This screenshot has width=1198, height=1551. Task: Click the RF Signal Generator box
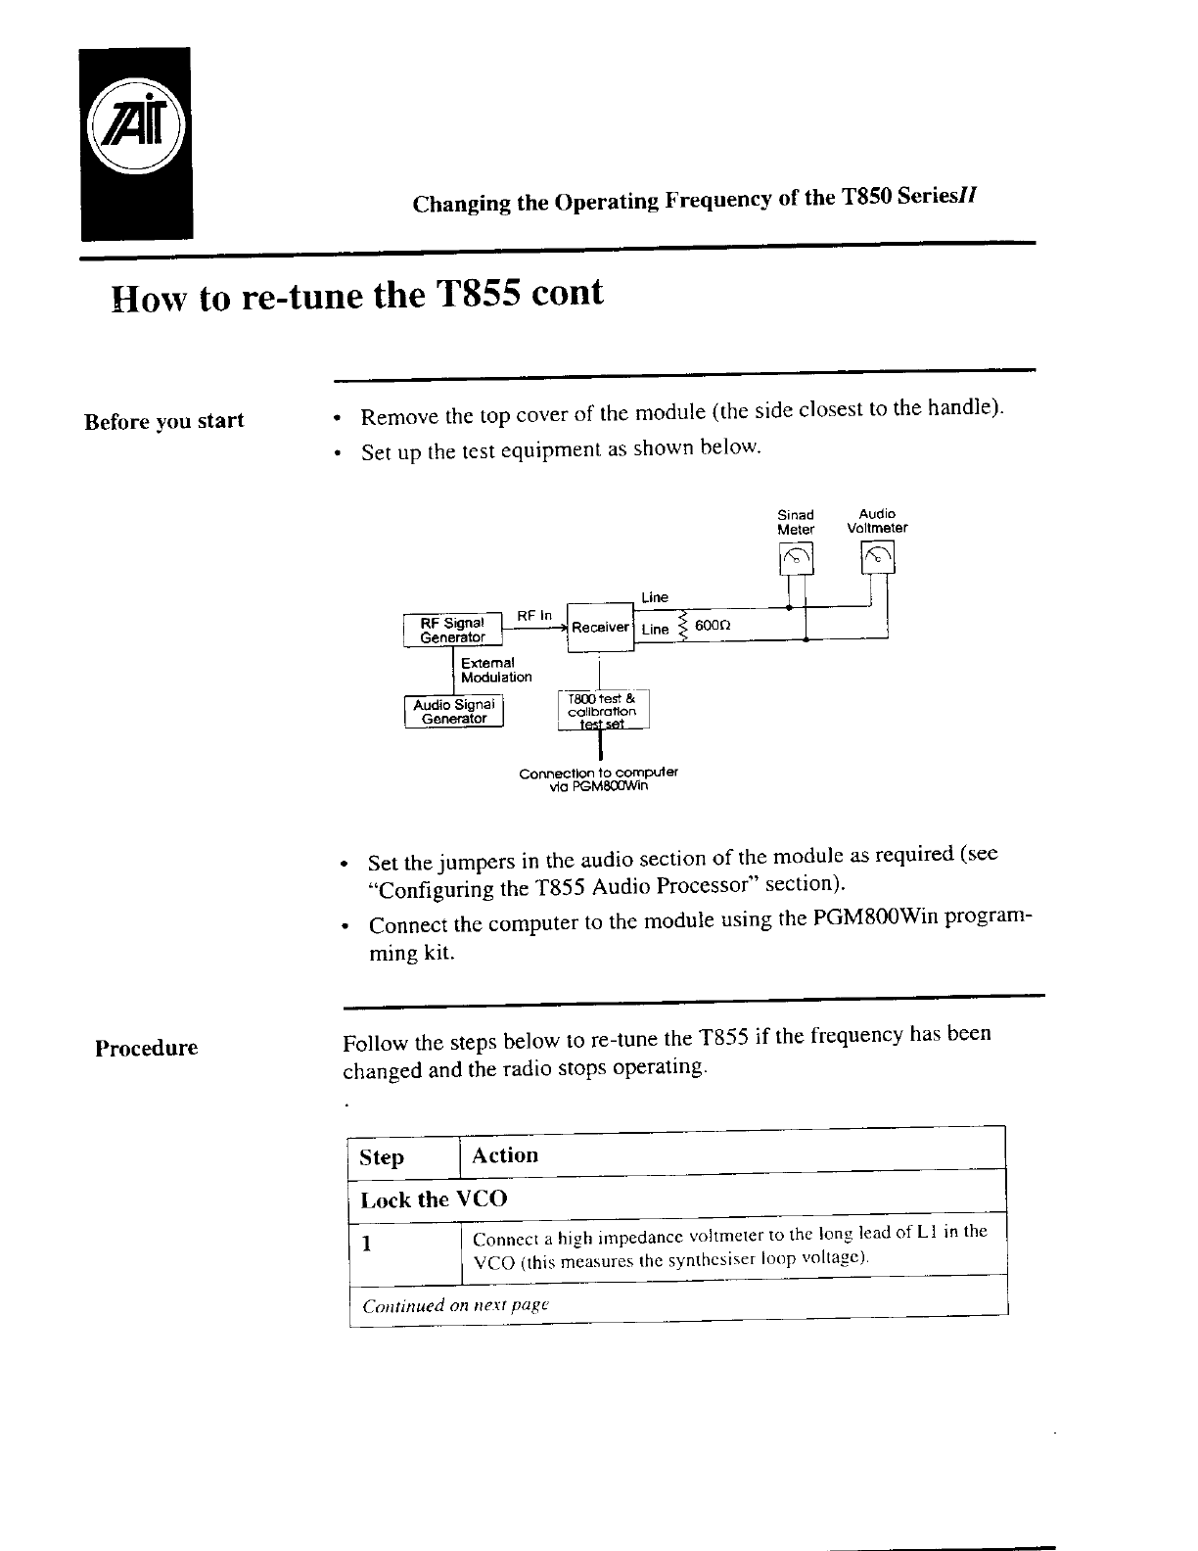click(x=452, y=630)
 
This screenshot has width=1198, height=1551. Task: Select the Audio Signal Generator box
click(x=453, y=711)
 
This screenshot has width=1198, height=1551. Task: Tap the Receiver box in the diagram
click(x=600, y=627)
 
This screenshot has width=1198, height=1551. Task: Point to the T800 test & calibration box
click(x=602, y=711)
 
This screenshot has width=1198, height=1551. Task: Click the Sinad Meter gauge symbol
click(x=796, y=559)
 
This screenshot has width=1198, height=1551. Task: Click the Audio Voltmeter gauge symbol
click(x=877, y=558)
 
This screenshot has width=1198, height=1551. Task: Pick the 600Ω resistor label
click(x=713, y=625)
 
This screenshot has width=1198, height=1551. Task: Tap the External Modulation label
click(x=496, y=670)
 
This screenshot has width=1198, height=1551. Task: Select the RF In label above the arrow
click(x=534, y=615)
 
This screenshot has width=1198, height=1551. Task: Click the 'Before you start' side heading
click(x=163, y=422)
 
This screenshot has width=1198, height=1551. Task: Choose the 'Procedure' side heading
click(x=146, y=1048)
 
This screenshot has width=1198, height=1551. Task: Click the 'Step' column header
click(x=382, y=1157)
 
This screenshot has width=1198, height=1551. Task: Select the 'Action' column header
click(x=505, y=1155)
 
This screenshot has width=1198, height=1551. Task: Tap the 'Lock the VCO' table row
click(x=434, y=1199)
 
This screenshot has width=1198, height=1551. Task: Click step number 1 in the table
click(x=366, y=1245)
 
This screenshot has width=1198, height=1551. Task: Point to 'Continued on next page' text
click(x=455, y=1306)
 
